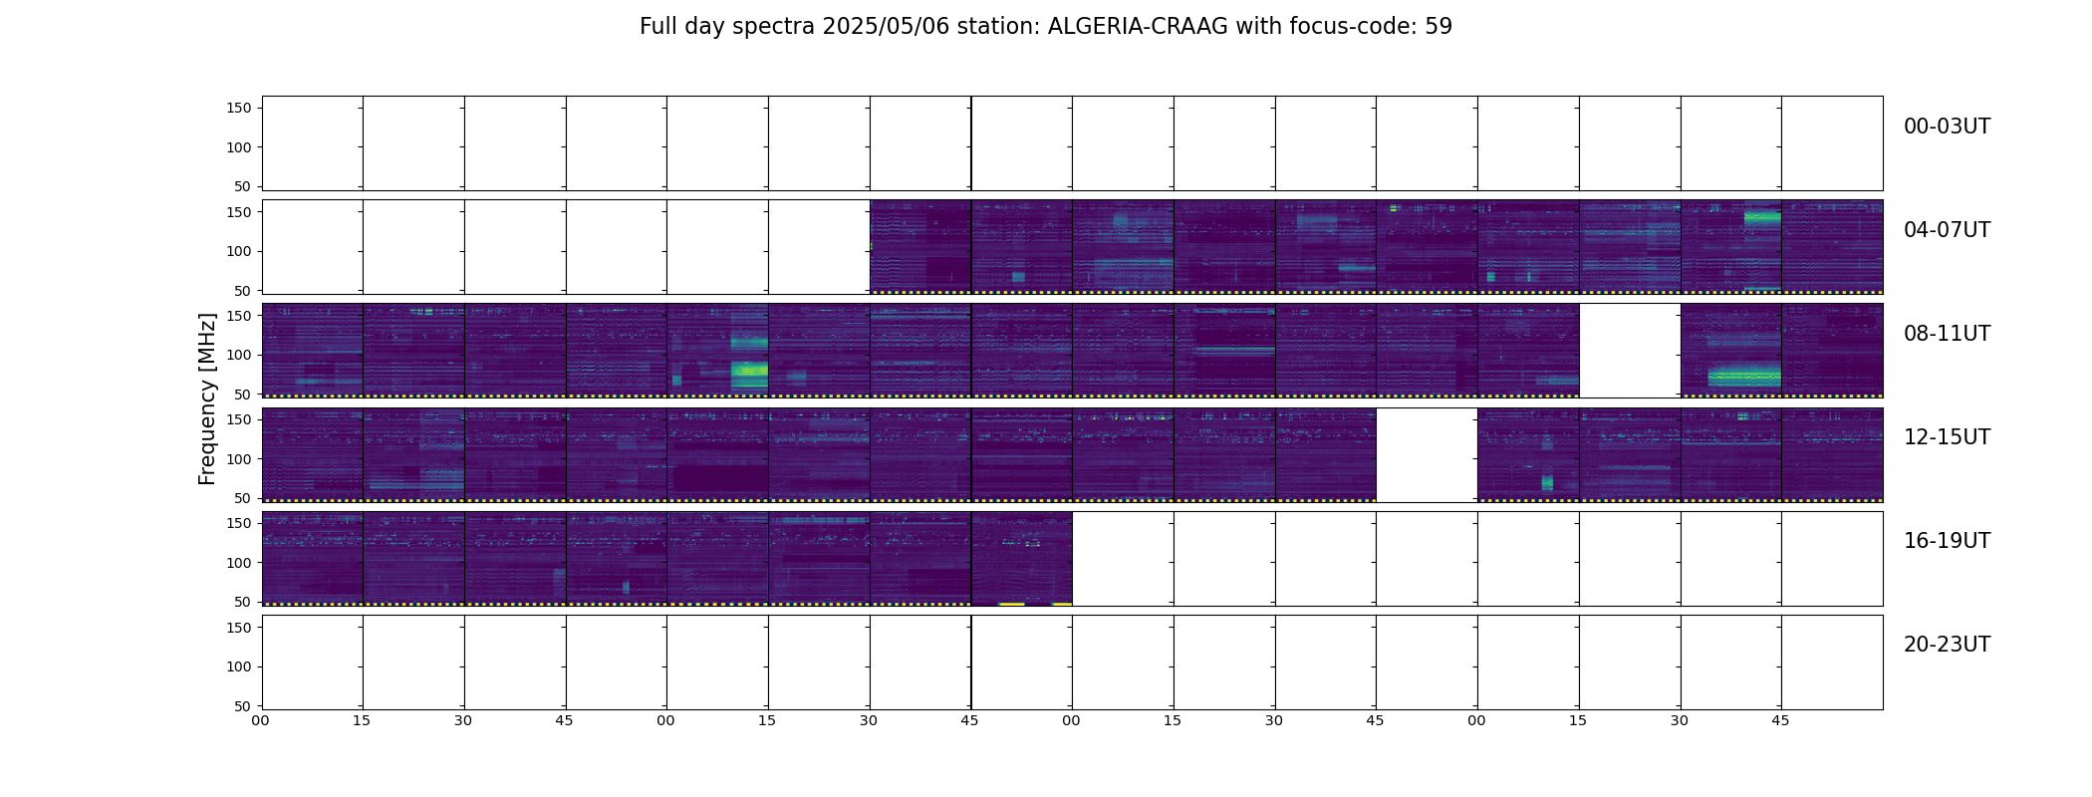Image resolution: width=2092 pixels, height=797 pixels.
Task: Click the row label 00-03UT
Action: [x=1947, y=127]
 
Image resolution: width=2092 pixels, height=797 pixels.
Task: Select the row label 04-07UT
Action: [x=1947, y=230]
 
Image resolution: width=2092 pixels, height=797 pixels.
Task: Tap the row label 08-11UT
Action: [x=1947, y=334]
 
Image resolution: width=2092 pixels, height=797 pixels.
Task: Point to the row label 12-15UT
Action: [x=1947, y=437]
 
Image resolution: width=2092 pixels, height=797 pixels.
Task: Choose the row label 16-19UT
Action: [x=1947, y=541]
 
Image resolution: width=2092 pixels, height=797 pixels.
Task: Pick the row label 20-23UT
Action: [x=1947, y=645]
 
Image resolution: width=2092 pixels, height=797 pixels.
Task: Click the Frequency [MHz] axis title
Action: [x=207, y=398]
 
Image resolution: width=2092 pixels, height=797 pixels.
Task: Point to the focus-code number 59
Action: [x=1438, y=27]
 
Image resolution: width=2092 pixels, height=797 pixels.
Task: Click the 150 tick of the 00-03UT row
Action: [x=239, y=108]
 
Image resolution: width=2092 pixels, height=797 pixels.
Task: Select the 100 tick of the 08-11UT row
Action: [x=239, y=355]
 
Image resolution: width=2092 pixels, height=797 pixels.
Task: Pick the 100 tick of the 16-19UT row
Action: [x=239, y=563]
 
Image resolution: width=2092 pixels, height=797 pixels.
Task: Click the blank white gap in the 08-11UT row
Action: [x=1630, y=351]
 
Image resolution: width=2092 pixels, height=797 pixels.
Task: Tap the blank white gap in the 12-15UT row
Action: [x=1427, y=454]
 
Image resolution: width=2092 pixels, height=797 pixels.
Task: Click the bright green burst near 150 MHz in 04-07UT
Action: [x=1762, y=216]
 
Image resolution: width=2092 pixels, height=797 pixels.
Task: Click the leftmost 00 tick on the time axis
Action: [x=260, y=720]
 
